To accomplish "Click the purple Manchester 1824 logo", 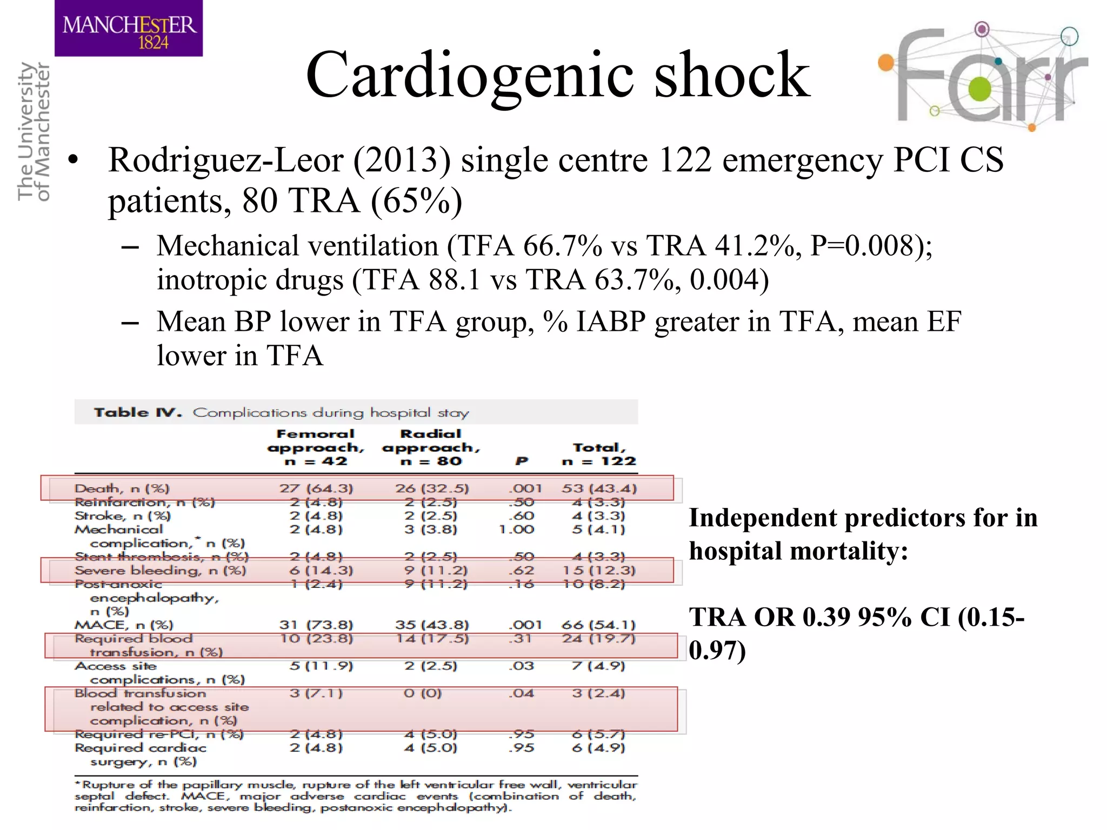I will [x=129, y=28].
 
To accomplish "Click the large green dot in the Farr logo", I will [x=980, y=90].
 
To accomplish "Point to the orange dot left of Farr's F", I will [x=886, y=63].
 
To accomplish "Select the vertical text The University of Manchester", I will [x=34, y=131].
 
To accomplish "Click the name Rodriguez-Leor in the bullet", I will [x=226, y=160].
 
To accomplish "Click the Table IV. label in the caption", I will [x=137, y=413].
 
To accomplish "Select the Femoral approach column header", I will [x=316, y=447].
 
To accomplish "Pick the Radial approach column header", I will [x=431, y=447].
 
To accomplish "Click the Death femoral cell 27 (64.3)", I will [x=316, y=488].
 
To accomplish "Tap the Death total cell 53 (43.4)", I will [x=599, y=488].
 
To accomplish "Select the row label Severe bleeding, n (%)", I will [x=160, y=571].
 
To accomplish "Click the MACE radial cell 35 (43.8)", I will [x=431, y=625].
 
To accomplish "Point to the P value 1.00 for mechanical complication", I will [x=516, y=530].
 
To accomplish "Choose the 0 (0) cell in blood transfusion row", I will [x=423, y=693].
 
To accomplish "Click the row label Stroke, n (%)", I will [x=122, y=516].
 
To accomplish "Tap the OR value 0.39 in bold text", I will [x=826, y=618].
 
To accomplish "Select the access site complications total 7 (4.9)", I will [x=598, y=666].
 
